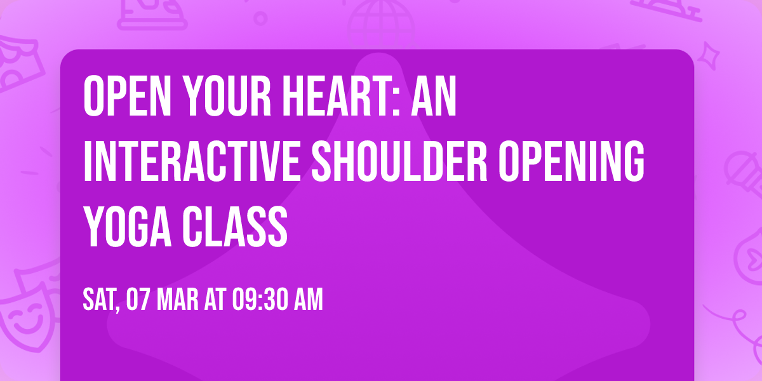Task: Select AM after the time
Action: click(x=307, y=300)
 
